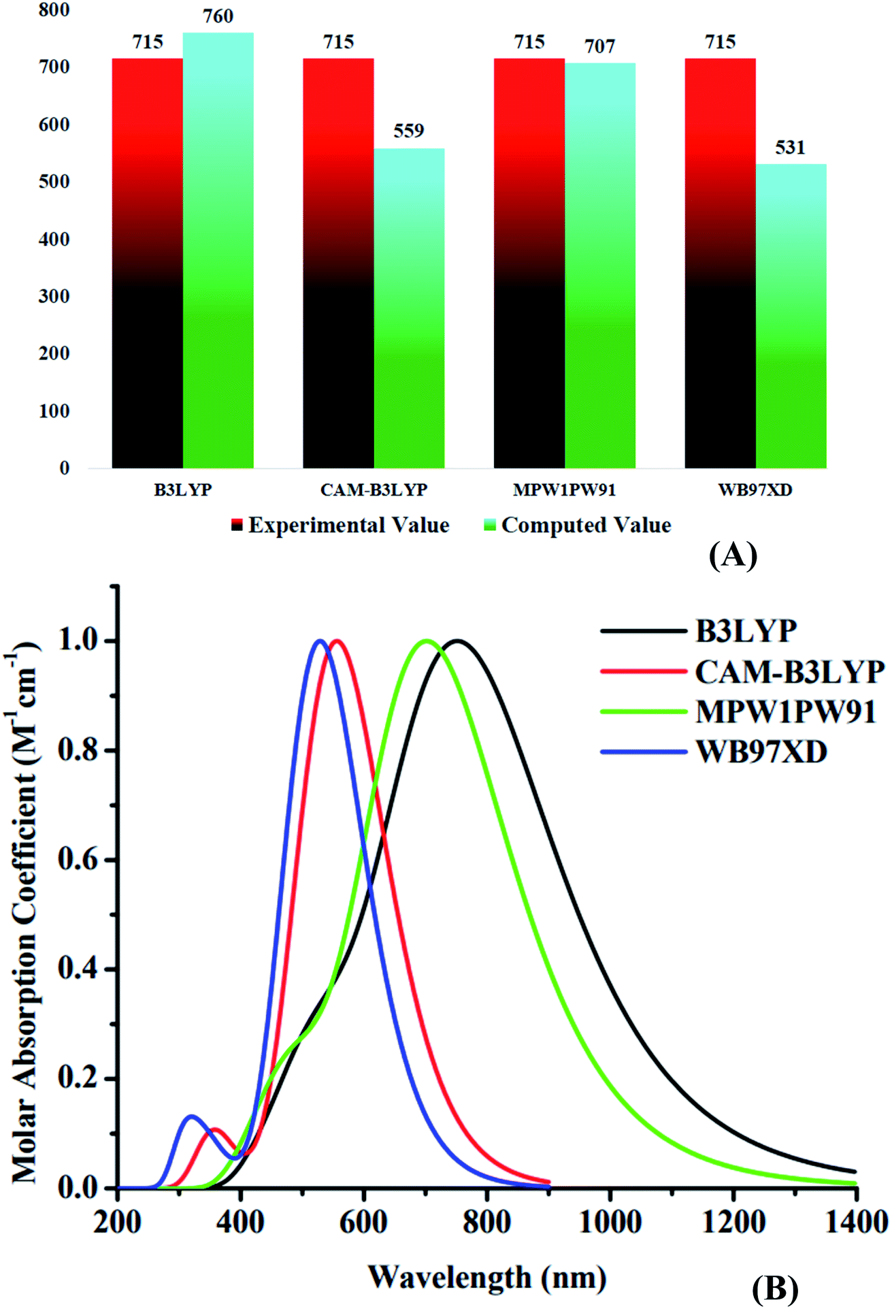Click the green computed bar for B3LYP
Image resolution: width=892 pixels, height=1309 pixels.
pyautogui.click(x=218, y=252)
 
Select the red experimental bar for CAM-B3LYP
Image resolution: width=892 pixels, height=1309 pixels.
pyautogui.click(x=338, y=265)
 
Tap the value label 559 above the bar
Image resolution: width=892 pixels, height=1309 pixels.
pyautogui.click(x=408, y=131)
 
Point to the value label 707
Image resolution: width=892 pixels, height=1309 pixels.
pyautogui.click(x=599, y=46)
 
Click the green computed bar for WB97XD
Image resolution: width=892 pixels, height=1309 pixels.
pyautogui.click(x=791, y=317)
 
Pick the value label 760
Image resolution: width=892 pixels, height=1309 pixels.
pyautogui.click(x=218, y=16)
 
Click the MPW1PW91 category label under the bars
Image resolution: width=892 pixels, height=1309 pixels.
pyautogui.click(x=564, y=490)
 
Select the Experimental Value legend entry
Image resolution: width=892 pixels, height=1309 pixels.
pyautogui.click(x=340, y=526)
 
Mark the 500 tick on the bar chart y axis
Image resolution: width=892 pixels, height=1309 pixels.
pyautogui.click(x=54, y=182)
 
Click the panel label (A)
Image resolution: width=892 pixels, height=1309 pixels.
pyautogui.click(x=733, y=555)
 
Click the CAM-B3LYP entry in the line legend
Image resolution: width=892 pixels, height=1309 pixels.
pyautogui.click(x=789, y=672)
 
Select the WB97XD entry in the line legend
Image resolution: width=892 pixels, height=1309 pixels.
pyautogui.click(x=761, y=752)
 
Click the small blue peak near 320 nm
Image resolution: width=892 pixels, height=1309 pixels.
pyautogui.click(x=192, y=1116)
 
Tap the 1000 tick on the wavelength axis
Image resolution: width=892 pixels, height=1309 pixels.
pyautogui.click(x=610, y=1222)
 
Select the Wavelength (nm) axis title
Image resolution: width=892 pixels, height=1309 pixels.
pyautogui.click(x=487, y=1277)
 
